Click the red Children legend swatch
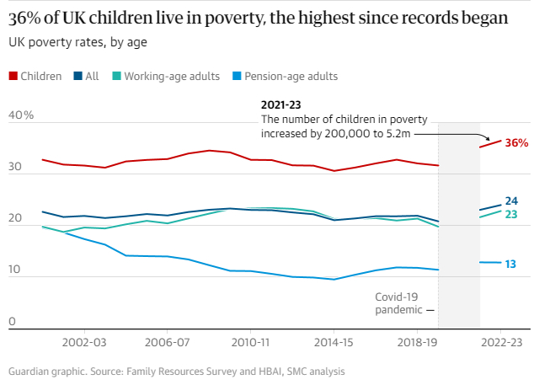[13, 76]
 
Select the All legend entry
[92, 76]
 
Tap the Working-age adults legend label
[172, 76]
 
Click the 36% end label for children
[515, 143]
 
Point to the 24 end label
[511, 201]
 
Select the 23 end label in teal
[510, 214]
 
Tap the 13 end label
[510, 264]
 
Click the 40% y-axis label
[21, 115]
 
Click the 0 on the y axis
[12, 321]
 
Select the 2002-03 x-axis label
[84, 344]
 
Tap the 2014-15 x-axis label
[334, 344]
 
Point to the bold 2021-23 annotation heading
[282, 105]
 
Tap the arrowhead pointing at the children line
[486, 137]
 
